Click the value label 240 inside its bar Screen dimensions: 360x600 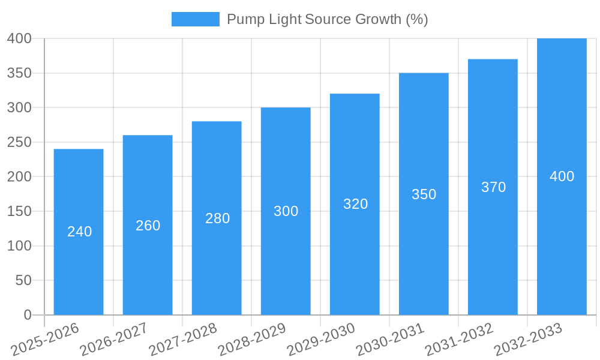tap(79, 232)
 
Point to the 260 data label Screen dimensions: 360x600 tap(148, 226)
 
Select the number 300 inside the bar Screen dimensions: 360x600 tap(286, 211)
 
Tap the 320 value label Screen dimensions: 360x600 tap(355, 204)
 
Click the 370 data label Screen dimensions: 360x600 tap(493, 187)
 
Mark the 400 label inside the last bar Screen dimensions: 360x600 tap(562, 176)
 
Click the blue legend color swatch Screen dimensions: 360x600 tap(195, 19)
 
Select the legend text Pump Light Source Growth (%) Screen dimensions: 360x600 tap(327, 19)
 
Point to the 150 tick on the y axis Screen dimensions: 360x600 tap(19, 211)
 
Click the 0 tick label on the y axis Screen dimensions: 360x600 tap(27, 315)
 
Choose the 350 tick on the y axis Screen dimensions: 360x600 tap(19, 73)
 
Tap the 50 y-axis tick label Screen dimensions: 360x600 tap(23, 280)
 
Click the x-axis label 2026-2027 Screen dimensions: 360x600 tap(114, 339)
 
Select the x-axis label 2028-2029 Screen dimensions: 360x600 tap(252, 339)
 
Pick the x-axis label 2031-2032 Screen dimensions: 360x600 tap(459, 339)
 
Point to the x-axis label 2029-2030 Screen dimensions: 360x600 tap(321, 339)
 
